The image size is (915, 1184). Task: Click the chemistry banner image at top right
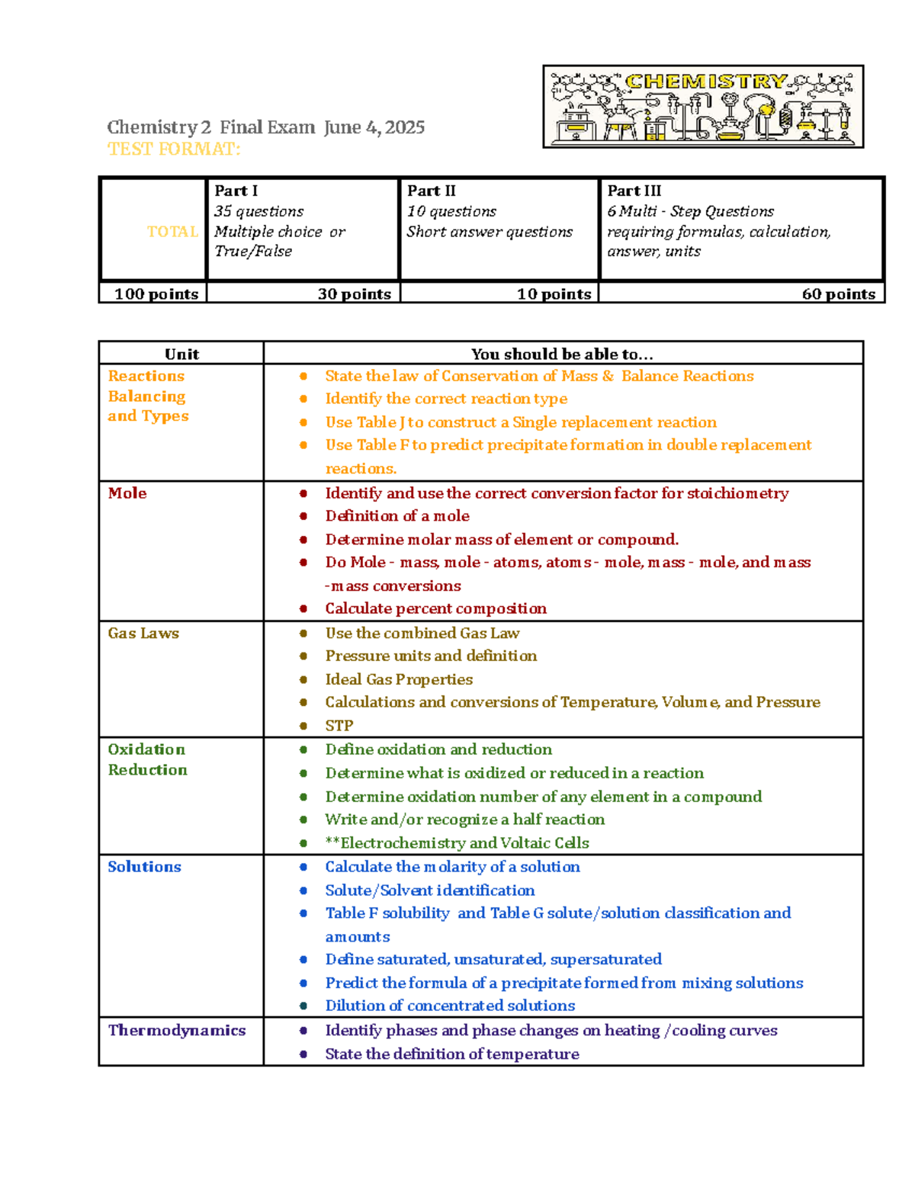tap(702, 106)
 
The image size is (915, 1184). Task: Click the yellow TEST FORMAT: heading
tap(174, 149)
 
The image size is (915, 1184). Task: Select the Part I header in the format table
tap(236, 191)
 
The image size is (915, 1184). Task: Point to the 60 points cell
tap(838, 294)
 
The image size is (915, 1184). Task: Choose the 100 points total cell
tap(156, 294)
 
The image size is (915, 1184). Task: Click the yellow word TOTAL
tap(172, 231)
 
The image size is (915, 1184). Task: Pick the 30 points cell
tap(354, 294)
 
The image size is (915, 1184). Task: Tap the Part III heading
tap(634, 191)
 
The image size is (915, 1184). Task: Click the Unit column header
tap(181, 354)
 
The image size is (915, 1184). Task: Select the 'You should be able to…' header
tap(562, 354)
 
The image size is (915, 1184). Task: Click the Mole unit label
tap(127, 493)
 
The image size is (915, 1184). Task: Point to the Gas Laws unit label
tap(143, 634)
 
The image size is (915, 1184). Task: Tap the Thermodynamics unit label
tap(177, 1031)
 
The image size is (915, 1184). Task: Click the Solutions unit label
tap(144, 867)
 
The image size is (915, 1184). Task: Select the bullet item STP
tap(339, 726)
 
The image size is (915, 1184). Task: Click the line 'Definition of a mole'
tap(397, 516)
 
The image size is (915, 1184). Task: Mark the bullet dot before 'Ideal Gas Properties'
tap(303, 679)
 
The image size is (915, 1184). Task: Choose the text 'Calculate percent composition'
tap(435, 608)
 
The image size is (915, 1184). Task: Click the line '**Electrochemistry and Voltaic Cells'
tap(457, 842)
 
